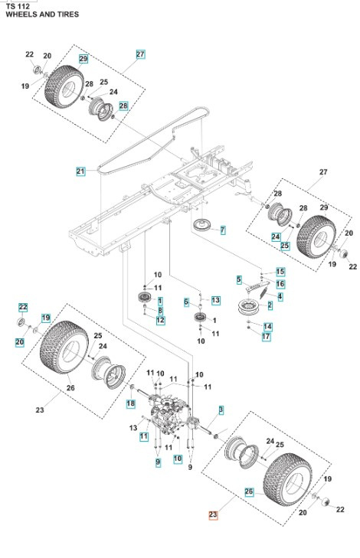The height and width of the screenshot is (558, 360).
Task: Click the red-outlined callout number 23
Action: click(x=214, y=514)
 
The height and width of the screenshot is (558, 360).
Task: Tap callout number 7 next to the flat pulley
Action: click(x=222, y=230)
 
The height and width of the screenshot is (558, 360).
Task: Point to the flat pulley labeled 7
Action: click(x=204, y=227)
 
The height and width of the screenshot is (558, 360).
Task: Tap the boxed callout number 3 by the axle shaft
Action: click(x=220, y=410)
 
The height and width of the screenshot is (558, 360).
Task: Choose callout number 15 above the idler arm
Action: click(x=280, y=272)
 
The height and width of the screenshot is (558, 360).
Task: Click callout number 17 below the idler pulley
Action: click(x=267, y=336)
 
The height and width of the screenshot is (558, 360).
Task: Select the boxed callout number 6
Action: click(x=187, y=302)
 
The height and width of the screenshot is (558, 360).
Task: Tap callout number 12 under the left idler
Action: click(x=160, y=320)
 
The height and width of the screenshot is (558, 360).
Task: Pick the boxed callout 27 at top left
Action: click(x=140, y=54)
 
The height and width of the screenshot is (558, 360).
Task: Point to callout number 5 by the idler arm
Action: click(x=239, y=279)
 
